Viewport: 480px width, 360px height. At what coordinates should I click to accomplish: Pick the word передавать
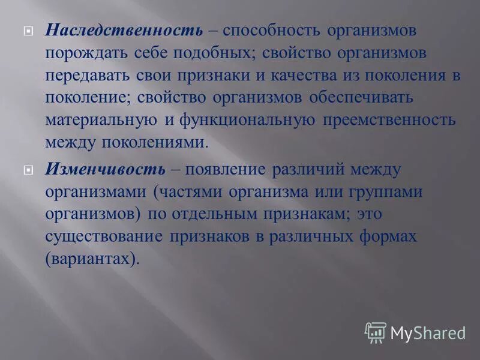point(85,75)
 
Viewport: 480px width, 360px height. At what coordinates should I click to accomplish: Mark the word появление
point(224,169)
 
